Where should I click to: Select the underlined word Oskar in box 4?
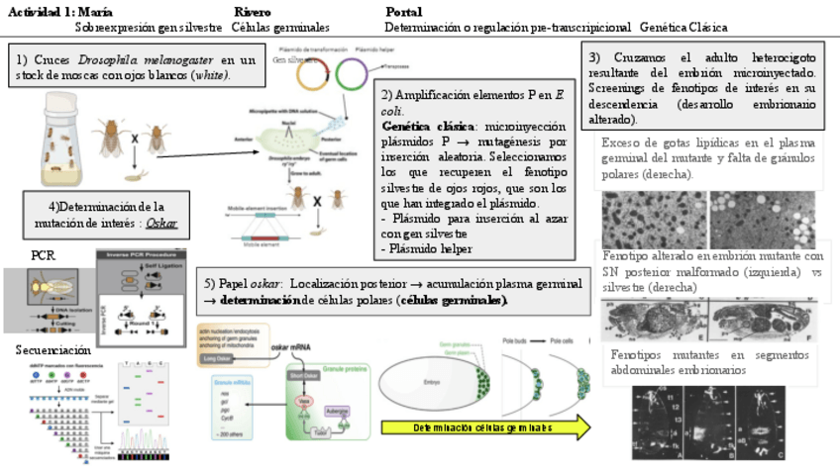point(161,224)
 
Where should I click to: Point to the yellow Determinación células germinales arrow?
point(485,427)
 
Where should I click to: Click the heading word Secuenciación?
point(52,349)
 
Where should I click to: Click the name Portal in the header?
point(403,11)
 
